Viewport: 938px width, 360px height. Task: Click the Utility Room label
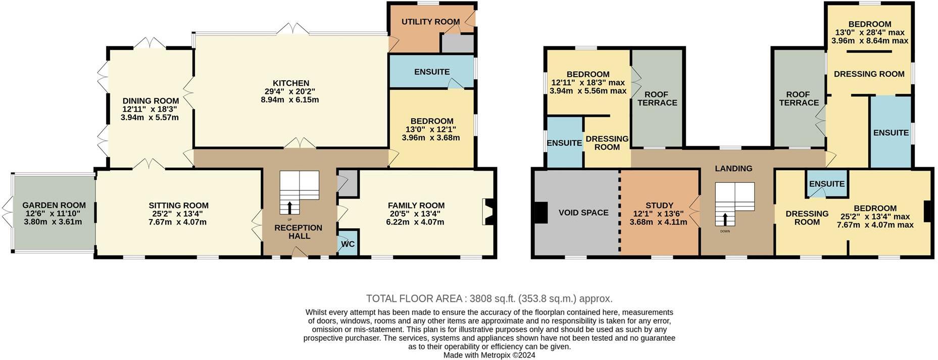(x=430, y=22)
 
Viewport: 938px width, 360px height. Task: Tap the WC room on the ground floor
(x=348, y=244)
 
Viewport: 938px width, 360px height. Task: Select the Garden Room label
(x=54, y=205)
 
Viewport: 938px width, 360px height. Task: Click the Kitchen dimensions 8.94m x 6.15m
(x=290, y=100)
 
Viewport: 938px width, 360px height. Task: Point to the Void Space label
(x=583, y=213)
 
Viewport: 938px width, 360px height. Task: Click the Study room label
(x=659, y=205)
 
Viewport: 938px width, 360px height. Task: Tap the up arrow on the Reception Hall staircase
(x=289, y=208)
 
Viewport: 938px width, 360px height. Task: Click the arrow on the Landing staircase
(x=725, y=219)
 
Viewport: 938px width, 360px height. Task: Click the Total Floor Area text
(x=489, y=298)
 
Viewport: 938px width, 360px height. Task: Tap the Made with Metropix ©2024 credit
(x=489, y=355)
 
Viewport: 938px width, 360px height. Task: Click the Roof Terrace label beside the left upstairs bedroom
(x=657, y=98)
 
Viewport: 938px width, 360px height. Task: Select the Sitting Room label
(x=178, y=205)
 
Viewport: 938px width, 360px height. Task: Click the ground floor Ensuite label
(x=432, y=72)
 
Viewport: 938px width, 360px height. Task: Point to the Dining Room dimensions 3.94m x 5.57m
(x=150, y=118)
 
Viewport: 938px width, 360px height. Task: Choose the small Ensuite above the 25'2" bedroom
(x=826, y=184)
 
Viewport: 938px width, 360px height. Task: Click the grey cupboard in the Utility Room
(x=457, y=44)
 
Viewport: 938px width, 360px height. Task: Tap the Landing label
(x=733, y=169)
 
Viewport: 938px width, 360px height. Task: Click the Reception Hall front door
(x=300, y=253)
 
